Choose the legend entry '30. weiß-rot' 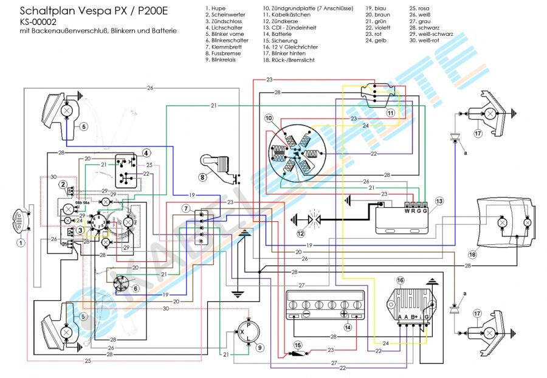pyautogui.click(x=430, y=40)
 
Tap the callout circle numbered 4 pyautogui.click(x=146, y=152)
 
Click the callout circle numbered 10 pyautogui.click(x=269, y=117)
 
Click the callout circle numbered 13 pyautogui.click(x=439, y=201)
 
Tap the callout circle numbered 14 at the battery pyautogui.click(x=348, y=327)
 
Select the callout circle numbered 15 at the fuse pyautogui.click(x=298, y=345)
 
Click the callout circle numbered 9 pyautogui.click(x=261, y=348)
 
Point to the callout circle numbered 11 pyautogui.click(x=391, y=112)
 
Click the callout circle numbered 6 pyautogui.click(x=136, y=289)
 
